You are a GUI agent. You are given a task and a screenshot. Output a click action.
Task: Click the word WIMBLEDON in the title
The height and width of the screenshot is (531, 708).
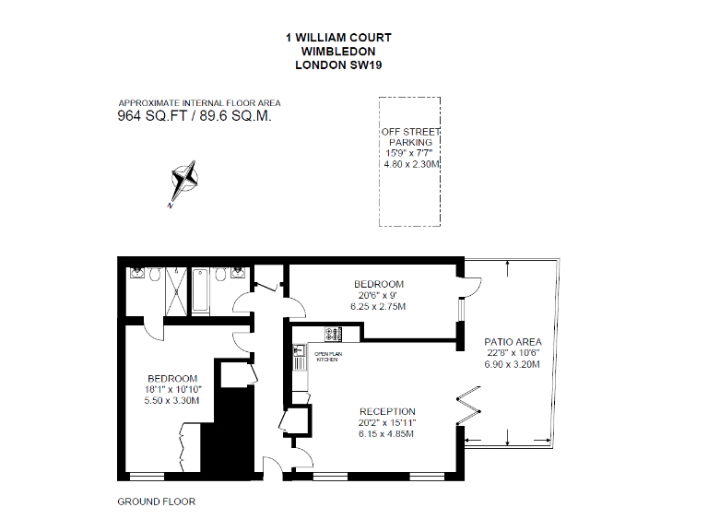pos(338,52)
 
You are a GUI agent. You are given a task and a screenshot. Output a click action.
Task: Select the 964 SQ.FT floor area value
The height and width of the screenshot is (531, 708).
pos(153,117)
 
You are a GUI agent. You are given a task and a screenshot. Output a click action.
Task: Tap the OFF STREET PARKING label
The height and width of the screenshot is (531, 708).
pos(410,137)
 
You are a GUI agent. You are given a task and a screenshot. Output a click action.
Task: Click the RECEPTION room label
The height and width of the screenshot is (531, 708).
pos(387,411)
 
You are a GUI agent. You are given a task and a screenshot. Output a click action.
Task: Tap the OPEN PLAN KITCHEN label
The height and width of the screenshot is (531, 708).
pos(328,357)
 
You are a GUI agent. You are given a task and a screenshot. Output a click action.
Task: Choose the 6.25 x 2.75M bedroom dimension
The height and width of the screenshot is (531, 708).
pos(379,306)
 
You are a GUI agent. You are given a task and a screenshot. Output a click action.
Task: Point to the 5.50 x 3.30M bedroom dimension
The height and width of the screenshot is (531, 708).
pos(173,401)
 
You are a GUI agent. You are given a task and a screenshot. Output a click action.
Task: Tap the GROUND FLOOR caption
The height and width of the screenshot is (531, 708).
pos(156,502)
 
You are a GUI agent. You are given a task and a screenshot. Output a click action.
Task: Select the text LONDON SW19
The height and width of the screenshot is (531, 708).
pos(338,65)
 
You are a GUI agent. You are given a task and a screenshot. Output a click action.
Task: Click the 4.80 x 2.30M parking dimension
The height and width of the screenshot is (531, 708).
pos(411,164)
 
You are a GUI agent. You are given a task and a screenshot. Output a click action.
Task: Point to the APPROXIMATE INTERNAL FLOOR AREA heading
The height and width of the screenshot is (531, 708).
pos(199,103)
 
